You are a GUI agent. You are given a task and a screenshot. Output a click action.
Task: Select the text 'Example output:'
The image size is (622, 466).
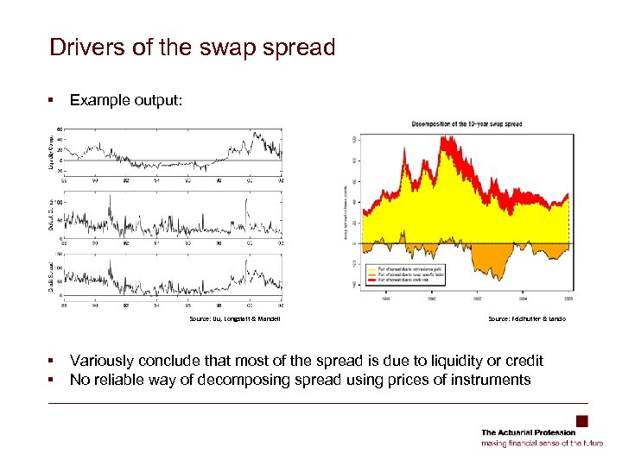pyautogui.click(x=126, y=100)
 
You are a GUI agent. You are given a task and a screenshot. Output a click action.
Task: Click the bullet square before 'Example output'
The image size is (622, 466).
pyautogui.click(x=54, y=100)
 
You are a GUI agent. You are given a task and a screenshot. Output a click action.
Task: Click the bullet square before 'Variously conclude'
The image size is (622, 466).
pyautogui.click(x=54, y=360)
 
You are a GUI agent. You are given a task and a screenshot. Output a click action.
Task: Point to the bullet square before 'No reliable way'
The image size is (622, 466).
pyautogui.click(x=54, y=380)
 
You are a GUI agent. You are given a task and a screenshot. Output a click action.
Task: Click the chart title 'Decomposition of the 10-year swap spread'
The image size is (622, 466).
pyautogui.click(x=466, y=124)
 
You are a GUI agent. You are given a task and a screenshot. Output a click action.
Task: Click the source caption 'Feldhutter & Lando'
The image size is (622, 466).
pyautogui.click(x=527, y=318)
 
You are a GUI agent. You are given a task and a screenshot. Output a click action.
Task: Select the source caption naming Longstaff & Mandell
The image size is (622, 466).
pyautogui.click(x=235, y=318)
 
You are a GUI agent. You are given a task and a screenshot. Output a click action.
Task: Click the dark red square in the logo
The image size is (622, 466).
pyautogui.click(x=582, y=421)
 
